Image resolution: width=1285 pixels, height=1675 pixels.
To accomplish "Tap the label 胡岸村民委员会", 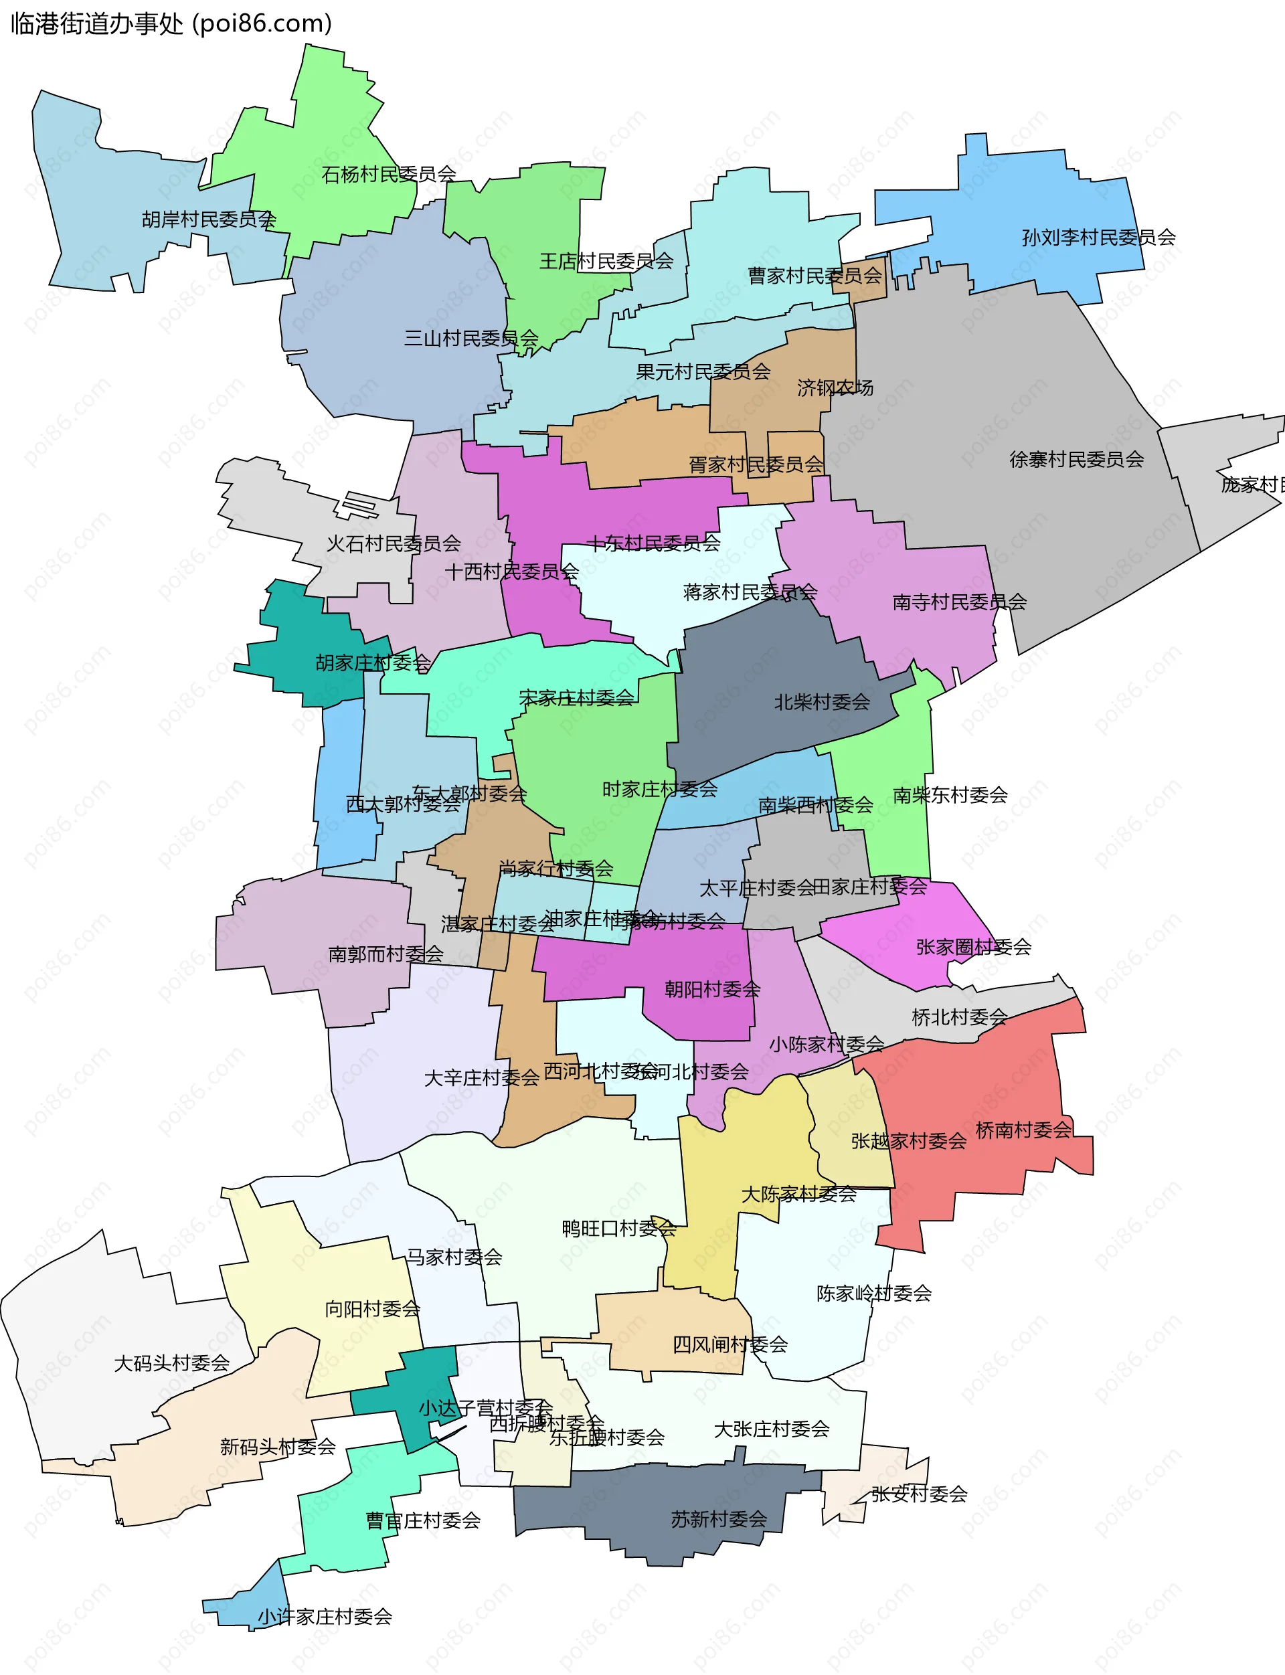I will click(209, 219).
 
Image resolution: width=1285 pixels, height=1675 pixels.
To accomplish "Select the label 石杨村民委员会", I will click(389, 175).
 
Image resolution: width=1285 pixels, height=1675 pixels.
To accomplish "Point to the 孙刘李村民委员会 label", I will click(1098, 237).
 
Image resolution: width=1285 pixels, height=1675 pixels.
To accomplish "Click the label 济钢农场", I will click(835, 387).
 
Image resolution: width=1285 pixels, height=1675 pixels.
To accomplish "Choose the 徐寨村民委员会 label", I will click(1076, 459).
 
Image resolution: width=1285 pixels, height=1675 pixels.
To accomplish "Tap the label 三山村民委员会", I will click(471, 338).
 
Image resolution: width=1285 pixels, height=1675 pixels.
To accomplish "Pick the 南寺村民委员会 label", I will click(959, 602).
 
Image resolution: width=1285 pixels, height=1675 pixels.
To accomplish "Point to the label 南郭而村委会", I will click(385, 954).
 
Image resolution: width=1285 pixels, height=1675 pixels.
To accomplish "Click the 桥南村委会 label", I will click(1023, 1130).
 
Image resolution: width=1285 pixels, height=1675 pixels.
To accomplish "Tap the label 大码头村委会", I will click(171, 1363).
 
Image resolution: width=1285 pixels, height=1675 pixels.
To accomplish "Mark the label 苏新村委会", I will click(719, 1519).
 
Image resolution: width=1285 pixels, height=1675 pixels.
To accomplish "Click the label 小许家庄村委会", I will click(325, 1616).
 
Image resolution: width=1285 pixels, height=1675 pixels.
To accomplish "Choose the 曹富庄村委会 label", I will click(423, 1520).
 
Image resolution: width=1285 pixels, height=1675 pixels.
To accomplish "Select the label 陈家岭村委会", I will click(873, 1294).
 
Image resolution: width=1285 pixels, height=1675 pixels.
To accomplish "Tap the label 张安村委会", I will click(920, 1494).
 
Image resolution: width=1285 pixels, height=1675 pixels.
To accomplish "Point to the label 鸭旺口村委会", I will click(619, 1229).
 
